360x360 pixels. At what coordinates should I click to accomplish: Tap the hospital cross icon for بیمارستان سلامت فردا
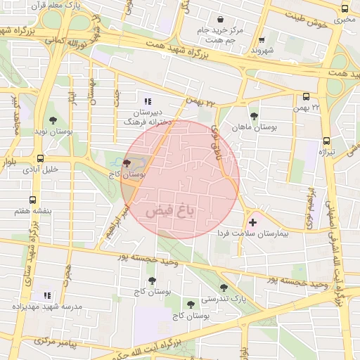coord(253,222)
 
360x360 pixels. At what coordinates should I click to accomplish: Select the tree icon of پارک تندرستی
coord(224,287)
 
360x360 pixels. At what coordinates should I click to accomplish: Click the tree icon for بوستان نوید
coord(53,120)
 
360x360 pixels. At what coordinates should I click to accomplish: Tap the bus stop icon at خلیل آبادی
coord(40,158)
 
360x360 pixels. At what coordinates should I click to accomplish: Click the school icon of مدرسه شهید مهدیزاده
coord(47,295)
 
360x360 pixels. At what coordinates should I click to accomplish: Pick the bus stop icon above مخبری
coord(345,8)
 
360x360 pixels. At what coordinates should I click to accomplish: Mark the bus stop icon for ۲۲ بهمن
coord(306,97)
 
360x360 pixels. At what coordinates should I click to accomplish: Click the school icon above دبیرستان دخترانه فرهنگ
coord(148,101)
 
